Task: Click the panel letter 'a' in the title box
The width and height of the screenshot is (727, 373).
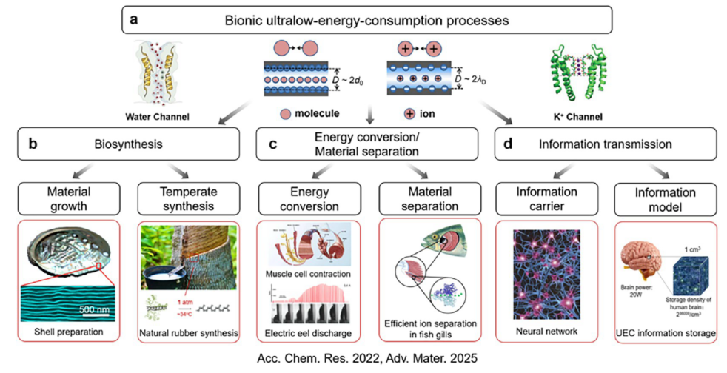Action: (x=134, y=19)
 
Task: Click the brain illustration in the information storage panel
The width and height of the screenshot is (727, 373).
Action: (x=642, y=261)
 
